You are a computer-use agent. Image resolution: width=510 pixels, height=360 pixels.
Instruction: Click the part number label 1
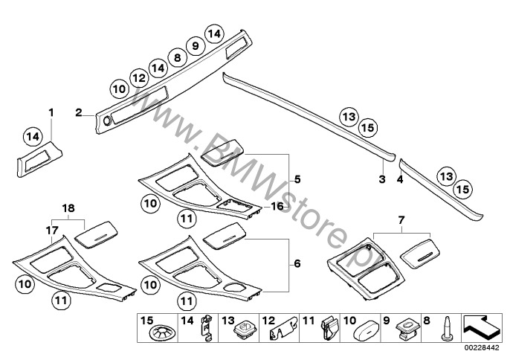[51, 113]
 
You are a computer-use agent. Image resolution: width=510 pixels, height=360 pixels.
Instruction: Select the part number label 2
[79, 113]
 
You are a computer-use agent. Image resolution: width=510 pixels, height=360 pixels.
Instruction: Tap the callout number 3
[382, 179]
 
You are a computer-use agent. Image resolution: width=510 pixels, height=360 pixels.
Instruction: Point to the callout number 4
[400, 179]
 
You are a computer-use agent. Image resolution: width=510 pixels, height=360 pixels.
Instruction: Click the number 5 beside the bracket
[297, 179]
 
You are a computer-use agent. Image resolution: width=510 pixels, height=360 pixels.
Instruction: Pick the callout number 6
[297, 263]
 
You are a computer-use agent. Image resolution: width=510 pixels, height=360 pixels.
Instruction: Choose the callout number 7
[401, 220]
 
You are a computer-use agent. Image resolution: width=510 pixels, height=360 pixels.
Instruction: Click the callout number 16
[277, 206]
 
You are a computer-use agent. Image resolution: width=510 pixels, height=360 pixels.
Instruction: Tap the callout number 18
[68, 208]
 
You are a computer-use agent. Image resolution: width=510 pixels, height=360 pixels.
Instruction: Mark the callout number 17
[52, 231]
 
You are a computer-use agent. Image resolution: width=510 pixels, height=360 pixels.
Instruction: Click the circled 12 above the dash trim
[139, 78]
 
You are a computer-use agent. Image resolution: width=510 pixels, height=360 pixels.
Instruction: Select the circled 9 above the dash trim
[195, 46]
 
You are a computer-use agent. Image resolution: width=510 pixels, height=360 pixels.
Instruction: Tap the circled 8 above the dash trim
[177, 58]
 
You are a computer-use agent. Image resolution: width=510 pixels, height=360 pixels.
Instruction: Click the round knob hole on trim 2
[107, 121]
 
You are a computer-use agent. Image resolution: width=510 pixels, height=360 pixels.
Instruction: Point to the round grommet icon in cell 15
[162, 333]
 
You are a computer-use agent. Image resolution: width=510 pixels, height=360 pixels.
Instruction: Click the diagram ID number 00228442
[481, 348]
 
